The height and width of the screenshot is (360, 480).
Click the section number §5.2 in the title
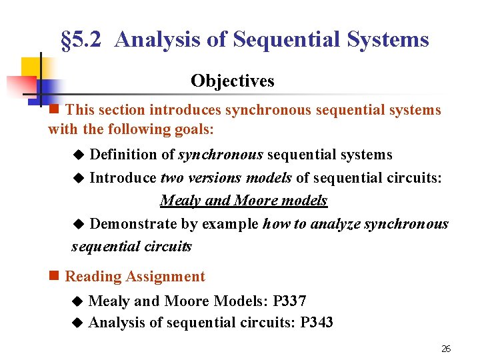pos(81,40)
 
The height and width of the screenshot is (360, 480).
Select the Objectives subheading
pos(232,81)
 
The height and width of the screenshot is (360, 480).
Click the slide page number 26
pos(447,349)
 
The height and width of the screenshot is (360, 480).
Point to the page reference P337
pos(290,301)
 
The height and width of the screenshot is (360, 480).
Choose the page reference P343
pos(317,323)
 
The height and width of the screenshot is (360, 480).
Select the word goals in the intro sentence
pos(193,129)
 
